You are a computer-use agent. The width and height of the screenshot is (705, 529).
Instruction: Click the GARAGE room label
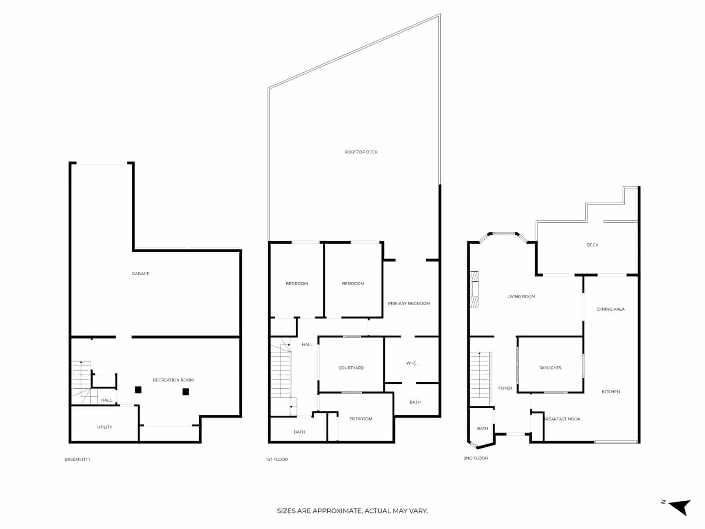(x=141, y=274)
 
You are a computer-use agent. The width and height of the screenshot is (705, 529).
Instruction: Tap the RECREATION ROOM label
(x=173, y=380)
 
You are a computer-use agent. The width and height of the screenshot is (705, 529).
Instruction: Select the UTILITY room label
(x=104, y=427)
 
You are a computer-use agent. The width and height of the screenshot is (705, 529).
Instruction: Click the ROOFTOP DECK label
(x=361, y=152)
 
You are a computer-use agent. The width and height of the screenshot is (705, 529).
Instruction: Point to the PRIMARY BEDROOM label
(x=409, y=303)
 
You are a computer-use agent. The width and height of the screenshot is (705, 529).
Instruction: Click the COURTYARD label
(x=351, y=368)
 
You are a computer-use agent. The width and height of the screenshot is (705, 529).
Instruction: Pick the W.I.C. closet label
(x=412, y=363)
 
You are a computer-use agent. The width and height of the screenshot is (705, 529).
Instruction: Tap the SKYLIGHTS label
(x=550, y=368)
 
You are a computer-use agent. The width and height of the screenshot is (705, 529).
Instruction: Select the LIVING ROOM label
(x=521, y=297)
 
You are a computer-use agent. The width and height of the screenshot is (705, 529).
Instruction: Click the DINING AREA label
(x=611, y=309)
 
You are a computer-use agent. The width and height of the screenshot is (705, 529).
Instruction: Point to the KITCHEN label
(x=611, y=391)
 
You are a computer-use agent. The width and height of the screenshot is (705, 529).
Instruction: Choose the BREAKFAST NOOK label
(x=563, y=419)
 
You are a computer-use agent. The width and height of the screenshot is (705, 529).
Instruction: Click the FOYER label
(x=505, y=388)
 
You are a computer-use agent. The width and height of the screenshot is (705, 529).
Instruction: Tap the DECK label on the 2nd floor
(x=592, y=245)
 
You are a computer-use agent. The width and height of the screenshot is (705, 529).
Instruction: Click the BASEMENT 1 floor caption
(x=77, y=459)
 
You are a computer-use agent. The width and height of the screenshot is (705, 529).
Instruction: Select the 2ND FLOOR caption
(x=475, y=458)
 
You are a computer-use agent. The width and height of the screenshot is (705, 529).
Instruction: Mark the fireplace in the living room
(x=474, y=289)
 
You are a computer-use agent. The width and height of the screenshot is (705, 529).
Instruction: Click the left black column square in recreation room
(x=138, y=390)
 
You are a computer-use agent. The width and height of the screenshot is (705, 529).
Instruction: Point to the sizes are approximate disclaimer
(x=352, y=511)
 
